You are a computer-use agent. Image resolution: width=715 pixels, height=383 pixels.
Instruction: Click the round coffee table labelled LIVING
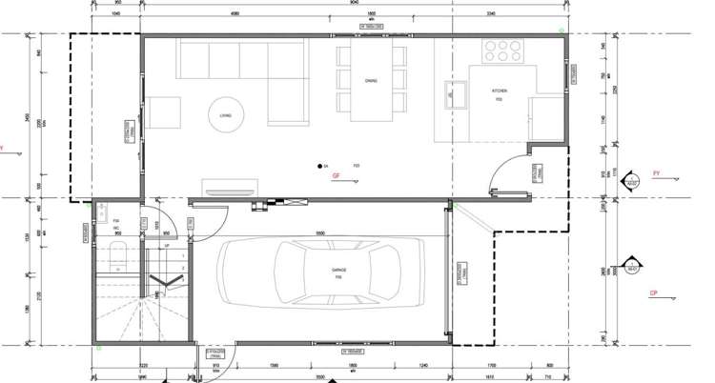226,112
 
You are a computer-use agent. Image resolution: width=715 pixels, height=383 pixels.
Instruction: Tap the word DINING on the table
371,81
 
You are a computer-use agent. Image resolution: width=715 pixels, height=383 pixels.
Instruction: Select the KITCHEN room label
499,91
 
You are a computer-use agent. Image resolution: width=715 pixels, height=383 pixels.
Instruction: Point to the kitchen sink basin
455,93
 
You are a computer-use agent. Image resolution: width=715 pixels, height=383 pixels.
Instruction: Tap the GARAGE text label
338,271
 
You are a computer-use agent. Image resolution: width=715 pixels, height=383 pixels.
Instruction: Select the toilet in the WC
116,253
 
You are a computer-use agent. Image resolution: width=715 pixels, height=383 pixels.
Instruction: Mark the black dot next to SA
320,167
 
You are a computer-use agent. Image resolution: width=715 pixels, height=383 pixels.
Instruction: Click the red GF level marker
335,177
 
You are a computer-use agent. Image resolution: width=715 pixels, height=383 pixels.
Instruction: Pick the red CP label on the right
653,292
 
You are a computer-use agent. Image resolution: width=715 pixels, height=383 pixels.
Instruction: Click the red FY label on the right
656,173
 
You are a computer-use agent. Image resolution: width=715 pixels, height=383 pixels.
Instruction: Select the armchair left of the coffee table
165,112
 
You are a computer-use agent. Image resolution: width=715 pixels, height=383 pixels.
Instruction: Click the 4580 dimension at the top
234,14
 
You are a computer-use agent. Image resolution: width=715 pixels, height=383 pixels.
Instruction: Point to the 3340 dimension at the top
491,14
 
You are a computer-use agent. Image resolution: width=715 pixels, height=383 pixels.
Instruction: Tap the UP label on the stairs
168,246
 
